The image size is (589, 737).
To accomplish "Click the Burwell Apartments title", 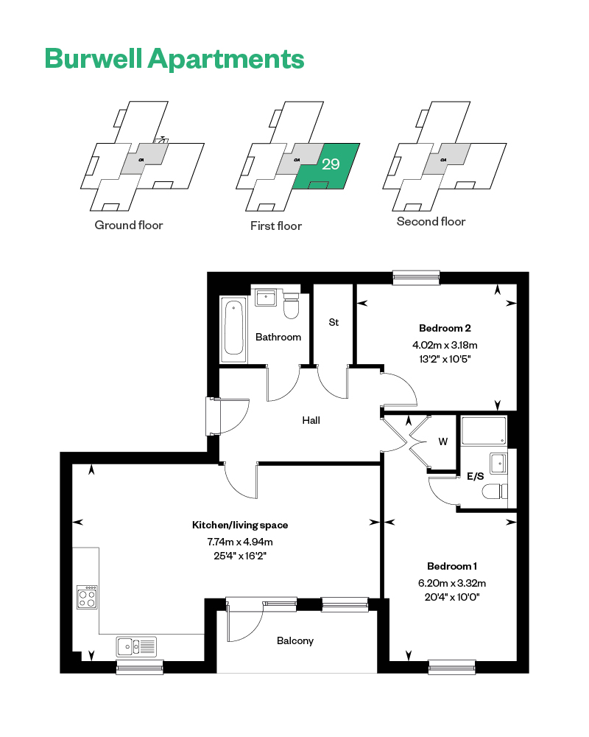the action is tap(174, 60).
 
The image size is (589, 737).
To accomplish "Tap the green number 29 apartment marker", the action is tap(331, 164).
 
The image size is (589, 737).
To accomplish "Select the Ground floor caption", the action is tap(129, 225).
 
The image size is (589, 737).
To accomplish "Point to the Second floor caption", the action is tap(431, 221).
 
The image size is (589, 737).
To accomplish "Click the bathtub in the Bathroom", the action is tap(234, 329).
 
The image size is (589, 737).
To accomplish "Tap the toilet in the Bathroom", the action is tap(292, 306).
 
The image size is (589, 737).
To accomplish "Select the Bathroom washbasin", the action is tap(266, 298).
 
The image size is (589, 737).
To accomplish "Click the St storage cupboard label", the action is tap(334, 323).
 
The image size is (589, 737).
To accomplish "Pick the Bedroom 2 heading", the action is tap(445, 328).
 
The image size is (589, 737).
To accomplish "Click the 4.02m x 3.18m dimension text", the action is tap(445, 345).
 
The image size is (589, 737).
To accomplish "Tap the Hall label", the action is tap(311, 420).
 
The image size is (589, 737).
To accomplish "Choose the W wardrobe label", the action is tap(443, 441).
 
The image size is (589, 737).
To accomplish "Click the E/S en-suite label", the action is tap(476, 476).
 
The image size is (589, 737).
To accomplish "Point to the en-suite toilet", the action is tap(495, 492).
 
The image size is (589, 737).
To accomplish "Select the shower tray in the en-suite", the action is tap(484, 430).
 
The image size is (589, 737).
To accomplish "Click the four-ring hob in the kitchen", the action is tap(88, 598).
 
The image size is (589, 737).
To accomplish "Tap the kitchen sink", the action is tap(136, 647).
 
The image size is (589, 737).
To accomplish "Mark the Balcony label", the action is tap(295, 640).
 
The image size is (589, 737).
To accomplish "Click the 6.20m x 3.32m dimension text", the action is tap(452, 583).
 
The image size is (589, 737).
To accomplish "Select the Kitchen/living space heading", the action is tap(240, 525).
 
